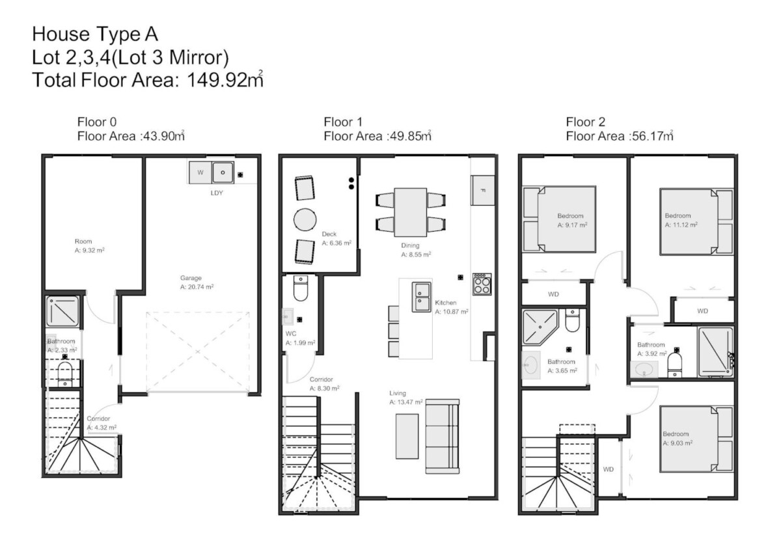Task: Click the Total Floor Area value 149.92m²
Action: pos(225,79)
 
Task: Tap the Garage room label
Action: pos(191,278)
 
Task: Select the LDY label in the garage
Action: pos(217,193)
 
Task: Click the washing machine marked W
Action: pos(200,172)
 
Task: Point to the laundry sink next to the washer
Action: pos(223,172)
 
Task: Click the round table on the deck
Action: pos(305,220)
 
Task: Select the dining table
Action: pos(411,212)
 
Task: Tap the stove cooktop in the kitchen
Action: pos(482,284)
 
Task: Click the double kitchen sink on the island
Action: pos(421,297)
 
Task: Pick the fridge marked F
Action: pos(482,190)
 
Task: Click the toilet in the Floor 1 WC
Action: pos(301,288)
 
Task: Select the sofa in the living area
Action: pos(442,436)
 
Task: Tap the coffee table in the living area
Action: pos(407,436)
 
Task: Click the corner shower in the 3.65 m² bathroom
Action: pos(540,327)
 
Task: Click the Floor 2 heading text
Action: pos(585,122)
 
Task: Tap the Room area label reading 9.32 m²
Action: pos(90,251)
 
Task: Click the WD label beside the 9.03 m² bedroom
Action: pos(608,469)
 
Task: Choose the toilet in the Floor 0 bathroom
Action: pos(64,372)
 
